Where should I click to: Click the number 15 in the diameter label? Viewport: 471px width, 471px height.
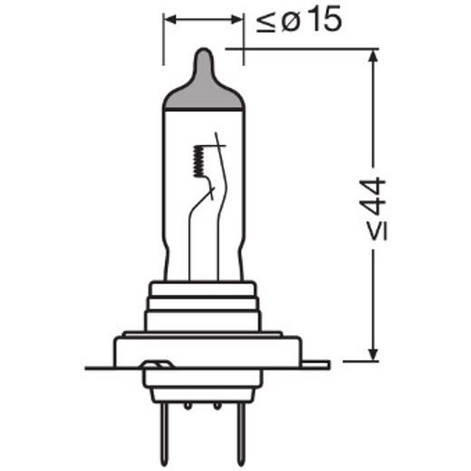click(323, 20)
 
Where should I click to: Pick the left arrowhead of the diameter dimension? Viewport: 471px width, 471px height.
click(168, 18)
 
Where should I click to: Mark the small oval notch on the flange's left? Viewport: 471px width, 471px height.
click(157, 366)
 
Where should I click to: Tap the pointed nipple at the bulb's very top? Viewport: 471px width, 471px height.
click(205, 56)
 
